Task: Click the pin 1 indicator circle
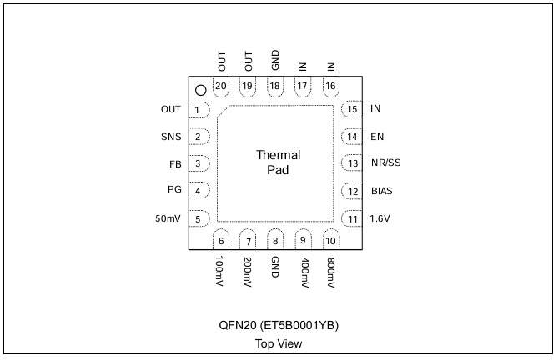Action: (x=201, y=90)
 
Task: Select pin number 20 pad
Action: (x=221, y=87)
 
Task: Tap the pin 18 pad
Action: (x=275, y=87)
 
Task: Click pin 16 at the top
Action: (x=331, y=87)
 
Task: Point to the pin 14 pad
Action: (x=352, y=137)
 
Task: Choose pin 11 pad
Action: (x=352, y=218)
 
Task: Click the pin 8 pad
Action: (x=275, y=239)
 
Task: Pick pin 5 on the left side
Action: (x=199, y=218)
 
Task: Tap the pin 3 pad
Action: (x=199, y=163)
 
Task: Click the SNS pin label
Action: (x=171, y=137)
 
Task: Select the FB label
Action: (x=175, y=164)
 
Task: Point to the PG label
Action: (x=174, y=189)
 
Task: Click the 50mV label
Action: (x=168, y=218)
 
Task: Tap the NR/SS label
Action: (x=385, y=162)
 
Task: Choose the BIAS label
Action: (x=382, y=191)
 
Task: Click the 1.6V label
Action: (x=380, y=218)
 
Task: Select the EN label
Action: (x=377, y=137)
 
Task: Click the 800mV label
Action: (x=331, y=272)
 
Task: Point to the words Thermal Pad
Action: (x=279, y=162)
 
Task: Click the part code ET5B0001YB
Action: (x=299, y=325)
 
